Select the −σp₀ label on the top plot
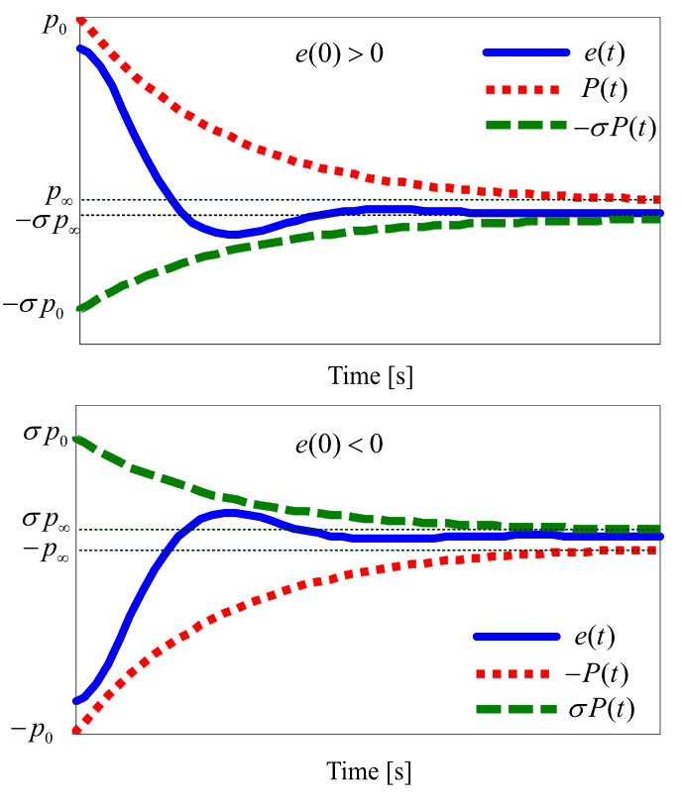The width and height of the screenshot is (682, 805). tap(34, 308)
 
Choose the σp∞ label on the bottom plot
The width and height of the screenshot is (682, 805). tap(46, 521)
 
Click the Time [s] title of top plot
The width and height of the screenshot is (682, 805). tap(370, 375)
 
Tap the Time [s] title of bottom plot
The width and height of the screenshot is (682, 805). tap(370, 769)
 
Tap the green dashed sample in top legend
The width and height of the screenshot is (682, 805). tap(526, 127)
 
